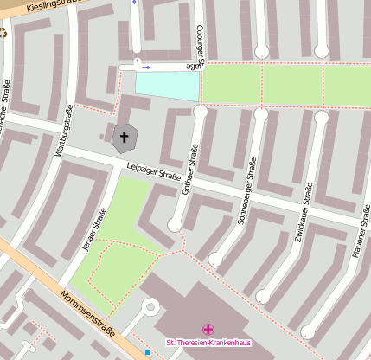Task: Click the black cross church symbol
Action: click(x=124, y=137)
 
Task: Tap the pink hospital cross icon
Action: click(x=208, y=329)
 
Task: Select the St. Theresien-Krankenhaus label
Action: click(x=207, y=344)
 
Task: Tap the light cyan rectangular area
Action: click(x=167, y=85)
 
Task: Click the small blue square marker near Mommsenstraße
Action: click(x=148, y=351)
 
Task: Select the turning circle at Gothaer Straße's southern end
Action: click(x=175, y=225)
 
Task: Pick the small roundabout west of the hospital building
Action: click(x=150, y=307)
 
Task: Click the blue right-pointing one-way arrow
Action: click(x=146, y=67)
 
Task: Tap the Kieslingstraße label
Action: click(x=52, y=7)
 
